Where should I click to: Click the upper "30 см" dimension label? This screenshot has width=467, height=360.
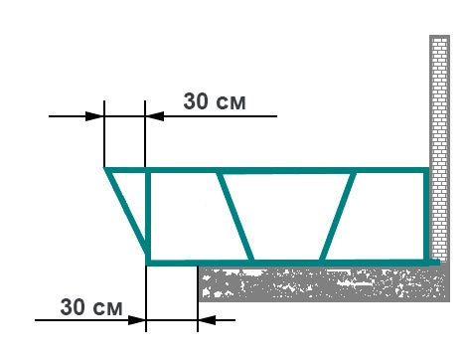pos(213,101)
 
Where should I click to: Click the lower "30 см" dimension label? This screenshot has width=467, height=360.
pos(90,307)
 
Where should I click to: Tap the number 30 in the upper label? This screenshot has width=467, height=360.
pos(197,101)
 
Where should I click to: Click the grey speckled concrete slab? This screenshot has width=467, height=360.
pos(318,283)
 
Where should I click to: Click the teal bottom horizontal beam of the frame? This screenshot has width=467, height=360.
pos(288,262)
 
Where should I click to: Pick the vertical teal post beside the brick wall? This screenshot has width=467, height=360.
pos(428,215)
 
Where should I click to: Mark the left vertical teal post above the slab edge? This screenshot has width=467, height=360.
pos(148,215)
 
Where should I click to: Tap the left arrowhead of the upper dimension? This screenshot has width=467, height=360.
pos(97,116)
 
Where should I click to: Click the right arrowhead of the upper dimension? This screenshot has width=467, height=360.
pos(154,116)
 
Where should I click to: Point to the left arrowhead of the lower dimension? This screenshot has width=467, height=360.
pos(137,320)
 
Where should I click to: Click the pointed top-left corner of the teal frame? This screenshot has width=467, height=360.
pos(106,170)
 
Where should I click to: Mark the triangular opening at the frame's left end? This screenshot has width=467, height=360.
pos(136,199)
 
